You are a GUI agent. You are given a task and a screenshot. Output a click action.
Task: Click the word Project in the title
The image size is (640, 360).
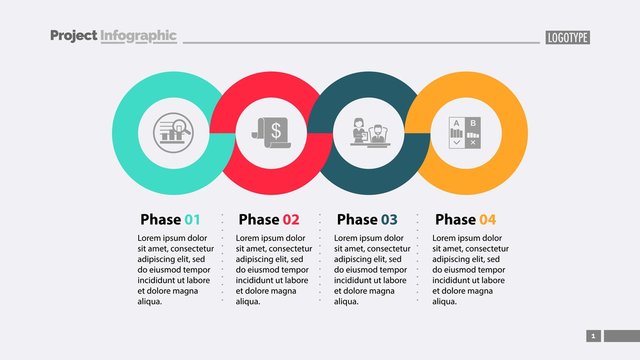tap(73, 36)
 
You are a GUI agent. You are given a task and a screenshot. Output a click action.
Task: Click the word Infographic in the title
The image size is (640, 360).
tap(138, 36)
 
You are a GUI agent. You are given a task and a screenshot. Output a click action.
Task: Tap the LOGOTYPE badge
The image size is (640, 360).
tap(568, 38)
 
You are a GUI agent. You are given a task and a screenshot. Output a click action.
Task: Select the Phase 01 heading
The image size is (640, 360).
tap(170, 219)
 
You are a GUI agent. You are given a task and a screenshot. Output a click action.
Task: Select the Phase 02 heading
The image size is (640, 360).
tap(268, 219)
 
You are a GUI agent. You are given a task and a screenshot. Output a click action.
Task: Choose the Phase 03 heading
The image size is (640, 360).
tap(366, 219)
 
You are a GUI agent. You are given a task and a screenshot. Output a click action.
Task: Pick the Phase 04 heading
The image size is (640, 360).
tap(465, 219)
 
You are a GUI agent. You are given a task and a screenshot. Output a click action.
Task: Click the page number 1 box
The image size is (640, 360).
tap(593, 336)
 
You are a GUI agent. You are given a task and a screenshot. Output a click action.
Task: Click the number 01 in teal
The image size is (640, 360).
tap(192, 219)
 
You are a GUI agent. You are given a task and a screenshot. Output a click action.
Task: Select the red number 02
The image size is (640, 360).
tap(290, 219)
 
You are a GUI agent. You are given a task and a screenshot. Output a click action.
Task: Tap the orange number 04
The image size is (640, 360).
tap(487, 219)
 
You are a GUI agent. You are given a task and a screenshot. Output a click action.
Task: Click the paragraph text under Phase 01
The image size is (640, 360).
tap(175, 269)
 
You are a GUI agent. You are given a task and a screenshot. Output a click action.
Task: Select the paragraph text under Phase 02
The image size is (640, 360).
tap(273, 269)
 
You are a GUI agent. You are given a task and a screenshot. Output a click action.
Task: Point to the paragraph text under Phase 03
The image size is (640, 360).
tap(371, 269)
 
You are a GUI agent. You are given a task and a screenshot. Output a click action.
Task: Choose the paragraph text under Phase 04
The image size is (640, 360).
tap(469, 269)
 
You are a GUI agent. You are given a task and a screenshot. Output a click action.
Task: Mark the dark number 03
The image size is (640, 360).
tap(388, 219)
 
